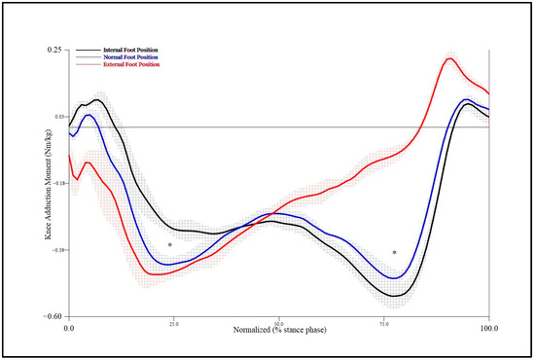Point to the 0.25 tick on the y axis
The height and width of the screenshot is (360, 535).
[54, 49]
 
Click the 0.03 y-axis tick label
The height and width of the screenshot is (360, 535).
[54, 116]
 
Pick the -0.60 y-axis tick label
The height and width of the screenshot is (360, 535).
[53, 317]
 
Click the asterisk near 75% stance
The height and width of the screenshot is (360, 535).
[395, 253]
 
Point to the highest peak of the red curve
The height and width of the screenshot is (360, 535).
[449, 58]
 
